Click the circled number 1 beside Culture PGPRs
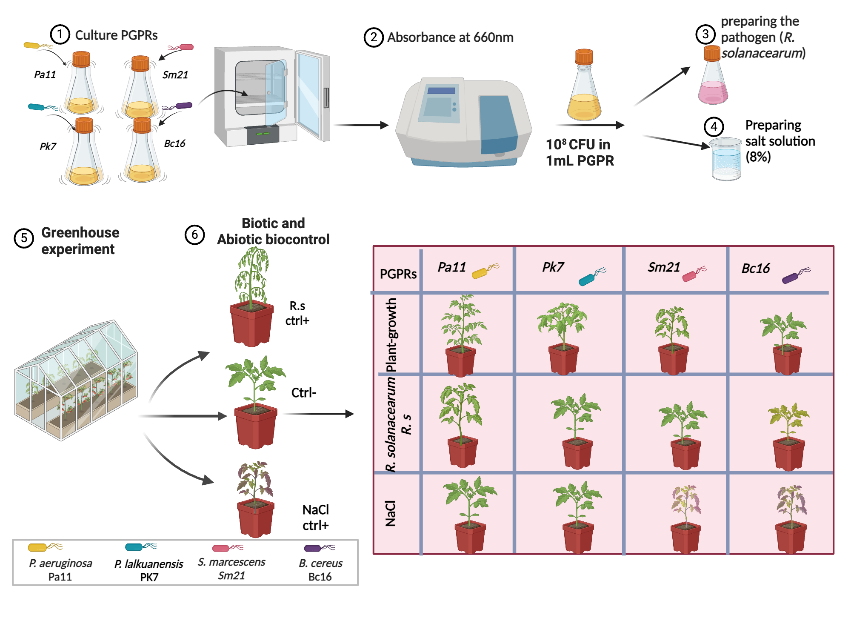tap(60, 34)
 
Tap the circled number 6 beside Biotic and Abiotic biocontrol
tap(194, 235)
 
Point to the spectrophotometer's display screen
tap(438, 107)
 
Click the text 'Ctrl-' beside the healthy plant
tap(303, 392)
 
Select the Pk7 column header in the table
tap(553, 267)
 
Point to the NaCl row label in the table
tap(390, 513)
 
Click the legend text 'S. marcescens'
tap(231, 562)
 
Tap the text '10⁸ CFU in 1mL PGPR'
tap(580, 152)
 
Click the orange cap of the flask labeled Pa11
tap(81, 59)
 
